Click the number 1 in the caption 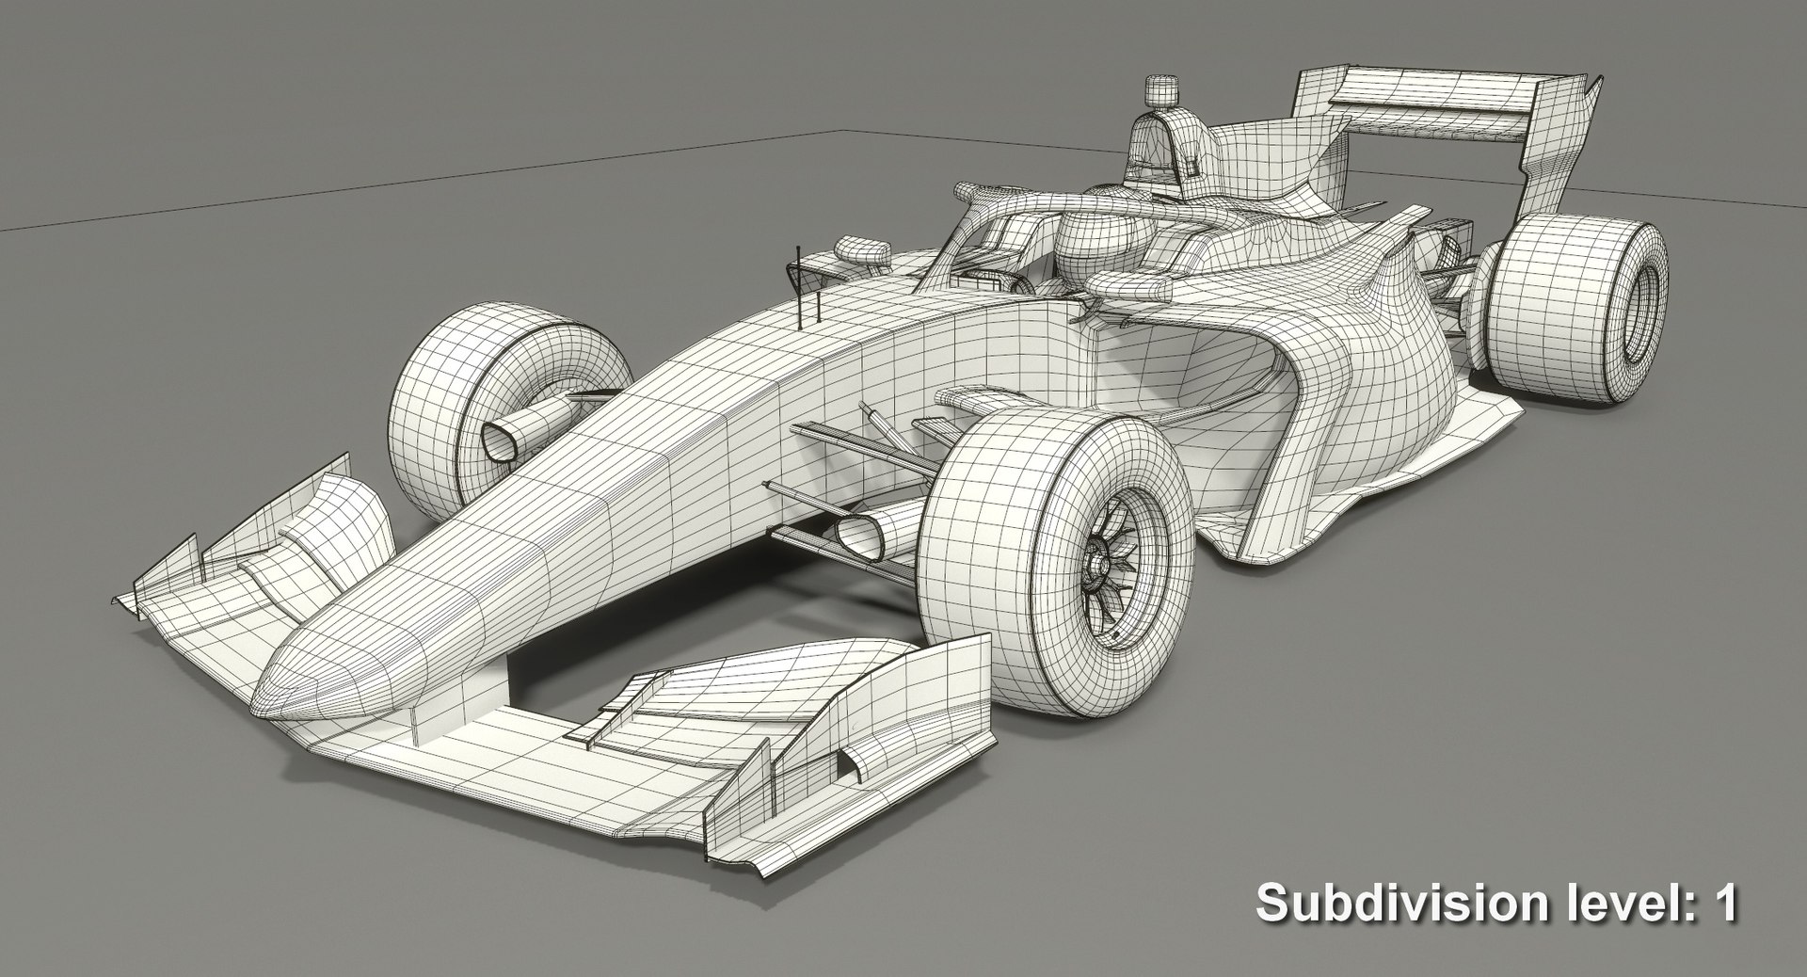pyautogui.click(x=1723, y=904)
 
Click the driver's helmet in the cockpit pyautogui.click(x=1092, y=240)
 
